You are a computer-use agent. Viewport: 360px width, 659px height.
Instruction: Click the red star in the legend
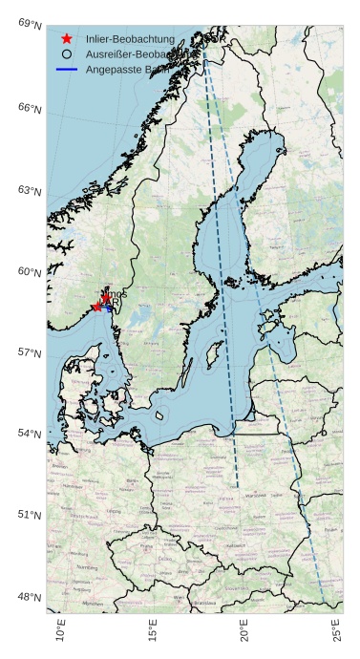[x=66, y=38]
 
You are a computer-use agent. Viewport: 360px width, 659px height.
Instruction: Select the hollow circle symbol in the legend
[x=66, y=54]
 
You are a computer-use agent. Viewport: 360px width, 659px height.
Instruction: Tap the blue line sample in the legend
[x=66, y=70]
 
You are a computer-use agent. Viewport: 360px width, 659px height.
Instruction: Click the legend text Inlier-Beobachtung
[x=130, y=39]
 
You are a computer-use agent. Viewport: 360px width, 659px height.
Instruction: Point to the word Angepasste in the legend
[x=114, y=70]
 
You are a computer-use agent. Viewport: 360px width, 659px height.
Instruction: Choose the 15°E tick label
[x=153, y=632]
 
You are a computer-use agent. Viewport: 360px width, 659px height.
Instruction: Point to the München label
[x=93, y=604]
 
